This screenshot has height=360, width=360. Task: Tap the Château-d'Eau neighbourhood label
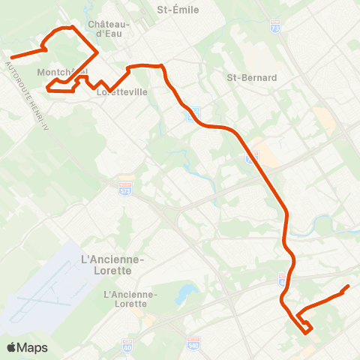point(109,29)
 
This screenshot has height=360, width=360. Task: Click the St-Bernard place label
point(252,77)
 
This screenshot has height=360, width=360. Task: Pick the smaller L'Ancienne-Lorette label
point(131,299)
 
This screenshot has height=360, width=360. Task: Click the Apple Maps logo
point(27,347)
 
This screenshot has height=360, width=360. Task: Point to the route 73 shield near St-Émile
point(274,25)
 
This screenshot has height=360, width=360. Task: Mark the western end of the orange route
point(12,57)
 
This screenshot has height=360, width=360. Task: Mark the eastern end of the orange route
point(349,286)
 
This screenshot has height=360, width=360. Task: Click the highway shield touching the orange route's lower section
point(283,283)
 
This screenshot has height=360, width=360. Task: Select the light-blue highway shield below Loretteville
point(193,111)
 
